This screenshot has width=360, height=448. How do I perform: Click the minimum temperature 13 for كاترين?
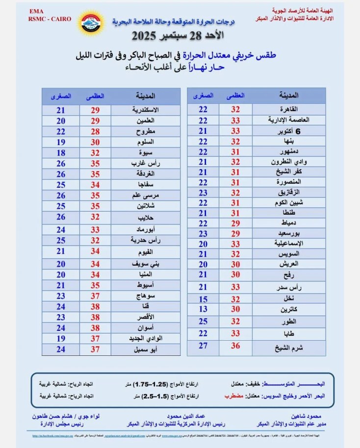point(203,309)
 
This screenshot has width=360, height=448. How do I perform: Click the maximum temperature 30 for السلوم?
point(95,142)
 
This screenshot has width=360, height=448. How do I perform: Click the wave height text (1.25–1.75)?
point(150,383)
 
